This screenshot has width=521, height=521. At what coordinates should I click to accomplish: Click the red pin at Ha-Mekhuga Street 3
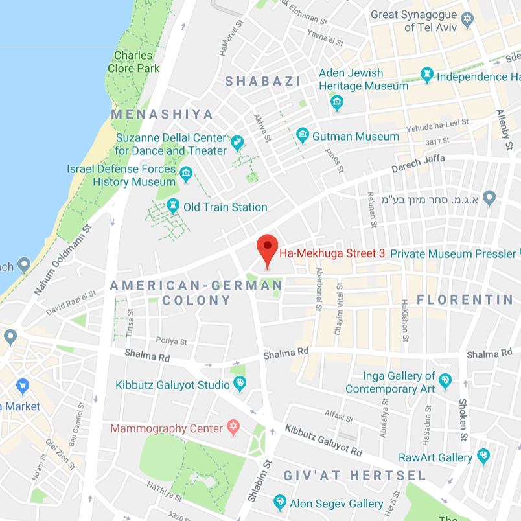click(268, 248)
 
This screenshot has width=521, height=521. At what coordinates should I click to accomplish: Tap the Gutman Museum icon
click(302, 135)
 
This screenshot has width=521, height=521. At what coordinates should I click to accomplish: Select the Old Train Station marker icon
click(173, 206)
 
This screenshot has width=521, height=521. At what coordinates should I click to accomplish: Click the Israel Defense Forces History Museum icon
click(187, 174)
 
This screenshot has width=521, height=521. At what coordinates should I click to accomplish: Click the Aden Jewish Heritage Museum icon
click(336, 102)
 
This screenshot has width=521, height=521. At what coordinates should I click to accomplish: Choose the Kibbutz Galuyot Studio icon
click(240, 384)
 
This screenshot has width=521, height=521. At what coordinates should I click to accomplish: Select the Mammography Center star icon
click(232, 428)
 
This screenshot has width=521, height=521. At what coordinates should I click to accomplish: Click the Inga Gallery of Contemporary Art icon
click(445, 381)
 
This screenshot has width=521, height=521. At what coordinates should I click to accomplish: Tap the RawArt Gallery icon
click(483, 457)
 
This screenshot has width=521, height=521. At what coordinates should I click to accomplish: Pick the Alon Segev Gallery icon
click(279, 502)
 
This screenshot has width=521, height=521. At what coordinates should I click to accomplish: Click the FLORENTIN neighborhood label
click(465, 299)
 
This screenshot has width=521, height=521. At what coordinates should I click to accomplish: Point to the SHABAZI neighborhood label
click(262, 81)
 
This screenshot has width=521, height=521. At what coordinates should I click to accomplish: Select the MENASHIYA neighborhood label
click(162, 114)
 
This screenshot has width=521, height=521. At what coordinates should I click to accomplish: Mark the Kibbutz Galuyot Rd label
click(323, 441)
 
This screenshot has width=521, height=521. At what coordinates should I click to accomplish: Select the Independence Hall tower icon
click(427, 75)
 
